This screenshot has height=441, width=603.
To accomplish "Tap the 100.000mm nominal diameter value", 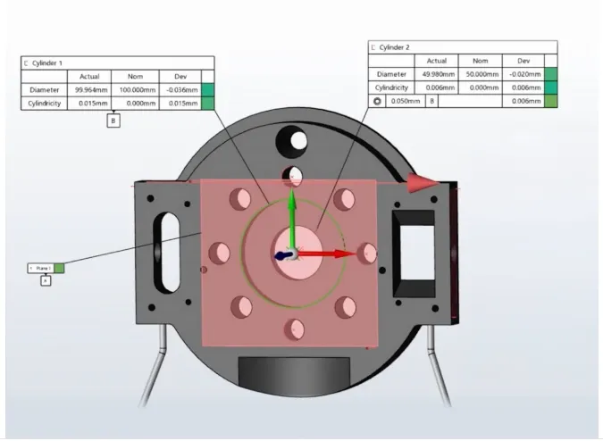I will tap(137, 90).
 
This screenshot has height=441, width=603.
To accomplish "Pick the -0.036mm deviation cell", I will tap(180, 90).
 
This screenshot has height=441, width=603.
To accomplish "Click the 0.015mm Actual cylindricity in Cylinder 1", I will tap(89, 104).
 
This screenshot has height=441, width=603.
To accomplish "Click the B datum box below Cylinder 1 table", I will tap(113, 121).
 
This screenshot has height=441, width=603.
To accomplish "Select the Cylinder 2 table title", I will tap(396, 46).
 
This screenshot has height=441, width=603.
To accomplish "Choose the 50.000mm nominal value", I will tap(479, 74).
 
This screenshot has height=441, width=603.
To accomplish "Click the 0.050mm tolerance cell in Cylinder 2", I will tap(406, 102).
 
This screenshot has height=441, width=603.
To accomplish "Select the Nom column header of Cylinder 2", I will tap(479, 61).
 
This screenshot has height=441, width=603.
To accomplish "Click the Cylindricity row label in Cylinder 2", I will tap(391, 87).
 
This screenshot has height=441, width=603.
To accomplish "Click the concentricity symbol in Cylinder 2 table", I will tap(377, 102).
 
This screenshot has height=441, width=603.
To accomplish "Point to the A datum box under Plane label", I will tap(46, 280).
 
